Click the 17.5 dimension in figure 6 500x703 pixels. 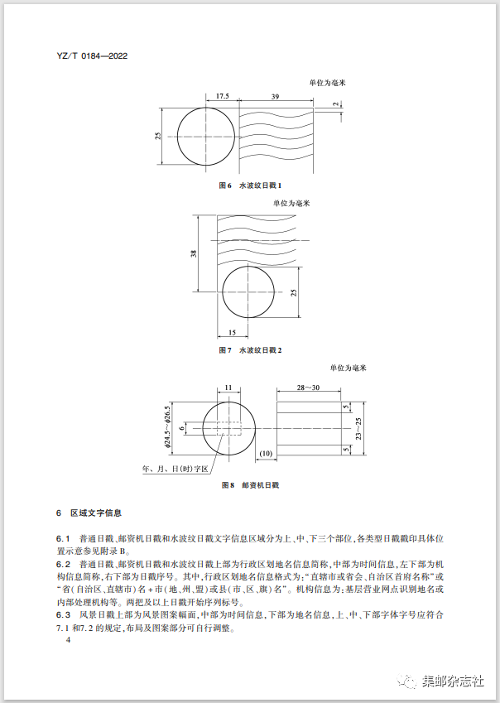[222, 97]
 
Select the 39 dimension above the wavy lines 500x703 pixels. [274, 97]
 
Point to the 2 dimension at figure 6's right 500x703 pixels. [337, 104]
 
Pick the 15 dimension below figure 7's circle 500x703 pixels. [231, 332]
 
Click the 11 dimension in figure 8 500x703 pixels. [228, 386]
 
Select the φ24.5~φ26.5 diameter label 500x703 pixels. [167, 427]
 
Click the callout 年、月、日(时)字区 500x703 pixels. [175, 469]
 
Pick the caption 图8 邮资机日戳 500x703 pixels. [250, 484]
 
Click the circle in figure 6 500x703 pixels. [204, 137]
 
